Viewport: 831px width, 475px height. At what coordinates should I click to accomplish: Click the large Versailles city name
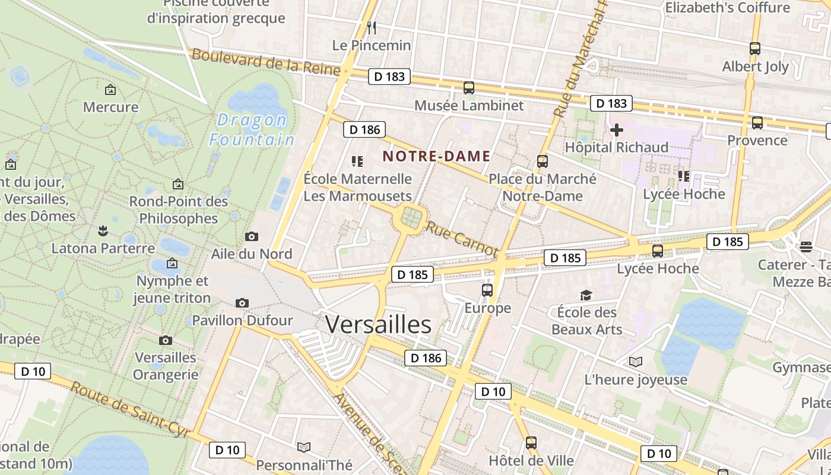[x=378, y=325]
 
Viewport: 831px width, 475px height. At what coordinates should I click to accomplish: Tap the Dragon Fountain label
[x=252, y=129]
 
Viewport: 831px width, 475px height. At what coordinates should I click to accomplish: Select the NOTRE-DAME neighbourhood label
[x=436, y=156]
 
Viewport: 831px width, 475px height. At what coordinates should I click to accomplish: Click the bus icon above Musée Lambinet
[x=469, y=88]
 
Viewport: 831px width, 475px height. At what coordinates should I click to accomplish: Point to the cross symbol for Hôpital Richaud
[x=616, y=129]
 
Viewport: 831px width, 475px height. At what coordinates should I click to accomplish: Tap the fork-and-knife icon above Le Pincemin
[x=372, y=27]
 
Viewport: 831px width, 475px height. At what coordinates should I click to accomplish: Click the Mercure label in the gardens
[x=110, y=107]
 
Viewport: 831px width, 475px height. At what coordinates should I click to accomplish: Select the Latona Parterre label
[x=103, y=248]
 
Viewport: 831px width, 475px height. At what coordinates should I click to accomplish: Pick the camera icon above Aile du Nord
[x=252, y=236]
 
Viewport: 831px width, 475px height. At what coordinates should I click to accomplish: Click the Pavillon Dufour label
[x=242, y=321]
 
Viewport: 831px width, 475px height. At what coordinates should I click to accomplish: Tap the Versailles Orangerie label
[x=166, y=366]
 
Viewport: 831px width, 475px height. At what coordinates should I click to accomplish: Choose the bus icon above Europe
[x=487, y=290]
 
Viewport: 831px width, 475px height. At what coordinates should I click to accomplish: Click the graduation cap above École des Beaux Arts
[x=586, y=295]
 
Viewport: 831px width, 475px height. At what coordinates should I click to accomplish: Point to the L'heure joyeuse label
[x=636, y=379]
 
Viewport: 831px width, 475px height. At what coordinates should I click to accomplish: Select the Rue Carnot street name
[x=461, y=239]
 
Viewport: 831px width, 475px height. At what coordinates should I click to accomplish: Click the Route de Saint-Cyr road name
[x=131, y=410]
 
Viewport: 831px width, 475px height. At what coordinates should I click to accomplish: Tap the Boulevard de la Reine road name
[x=266, y=62]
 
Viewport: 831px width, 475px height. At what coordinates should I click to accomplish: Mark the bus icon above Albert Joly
[x=755, y=49]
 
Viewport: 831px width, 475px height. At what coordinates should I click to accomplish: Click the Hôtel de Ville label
[x=531, y=460]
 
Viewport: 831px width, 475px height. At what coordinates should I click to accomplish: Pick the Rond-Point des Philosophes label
[x=179, y=210]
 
